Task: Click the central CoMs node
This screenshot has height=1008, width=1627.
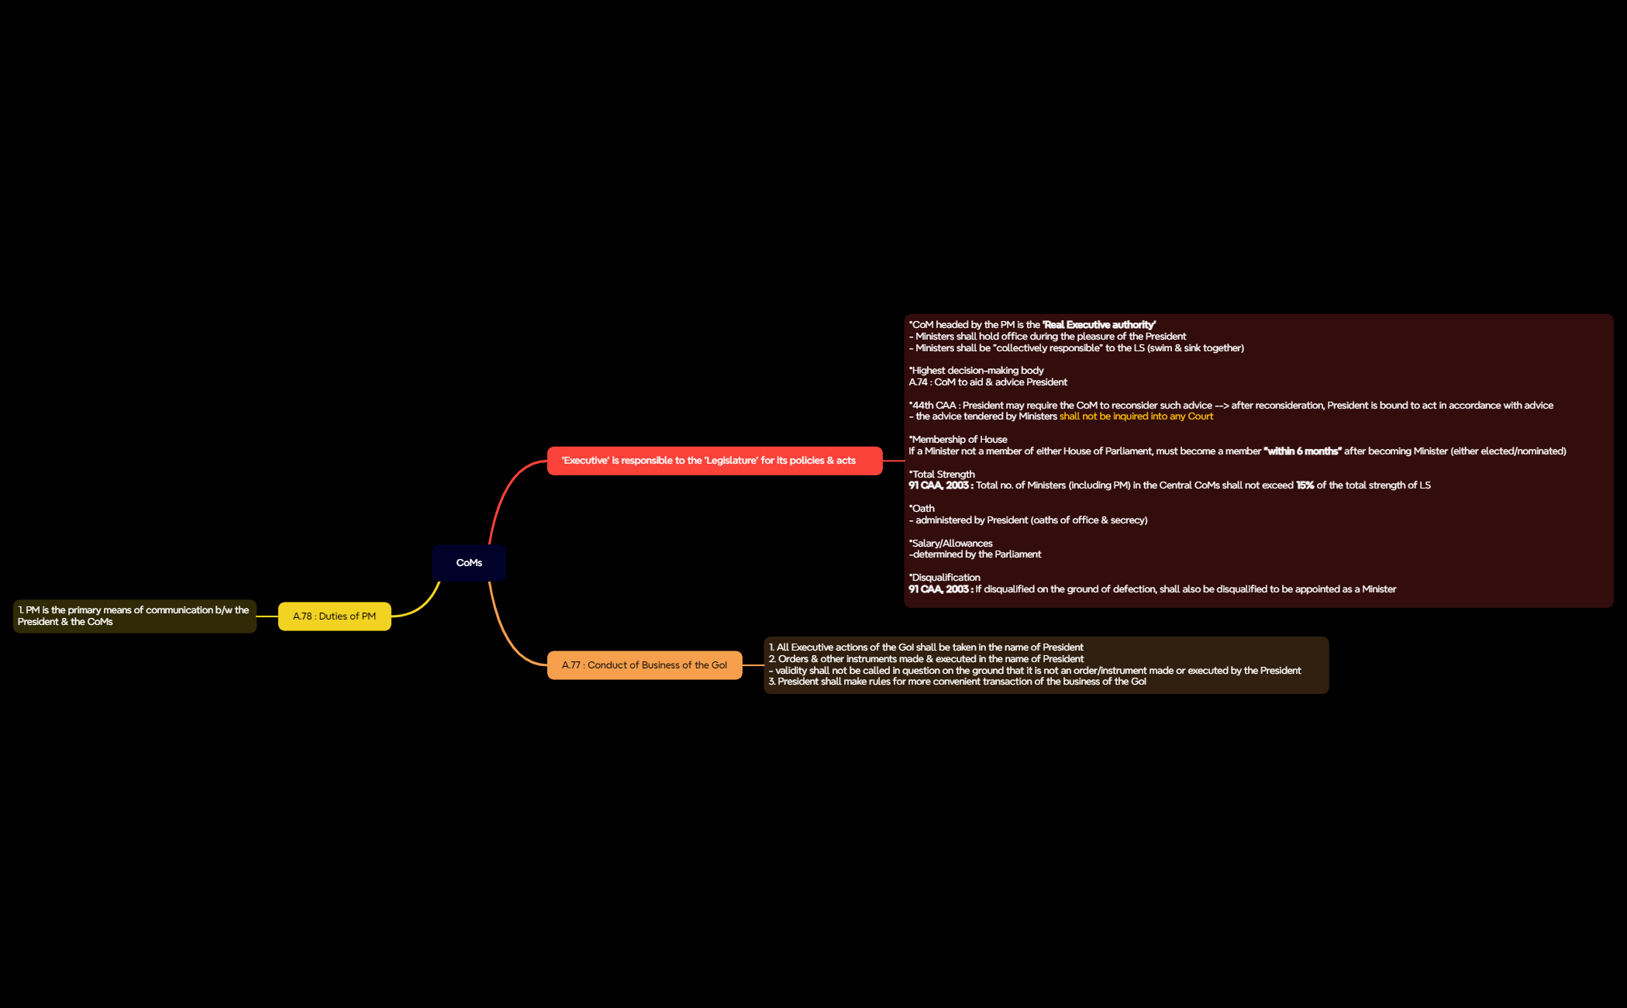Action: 469,563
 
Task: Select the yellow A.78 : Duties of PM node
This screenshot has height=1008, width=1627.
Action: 334,616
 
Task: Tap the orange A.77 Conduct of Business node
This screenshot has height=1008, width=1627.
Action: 644,665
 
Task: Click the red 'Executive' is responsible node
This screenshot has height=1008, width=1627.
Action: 715,461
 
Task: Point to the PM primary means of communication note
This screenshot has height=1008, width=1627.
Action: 135,616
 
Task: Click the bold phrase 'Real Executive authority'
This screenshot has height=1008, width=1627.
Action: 1099,325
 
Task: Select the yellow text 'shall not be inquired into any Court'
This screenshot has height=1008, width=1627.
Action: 1136,416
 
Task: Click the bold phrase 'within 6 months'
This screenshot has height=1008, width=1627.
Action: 1302,451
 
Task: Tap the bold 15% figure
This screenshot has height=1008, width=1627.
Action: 1305,485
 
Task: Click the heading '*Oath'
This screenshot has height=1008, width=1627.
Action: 922,509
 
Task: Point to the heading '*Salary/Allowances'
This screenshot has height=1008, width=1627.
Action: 950,544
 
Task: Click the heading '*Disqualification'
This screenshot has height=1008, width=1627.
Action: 944,578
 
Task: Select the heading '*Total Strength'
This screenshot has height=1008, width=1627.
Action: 942,475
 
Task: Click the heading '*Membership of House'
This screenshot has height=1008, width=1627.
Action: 958,440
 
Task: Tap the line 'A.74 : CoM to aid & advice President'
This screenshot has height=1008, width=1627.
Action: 988,382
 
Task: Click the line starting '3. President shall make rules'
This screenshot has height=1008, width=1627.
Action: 957,682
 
